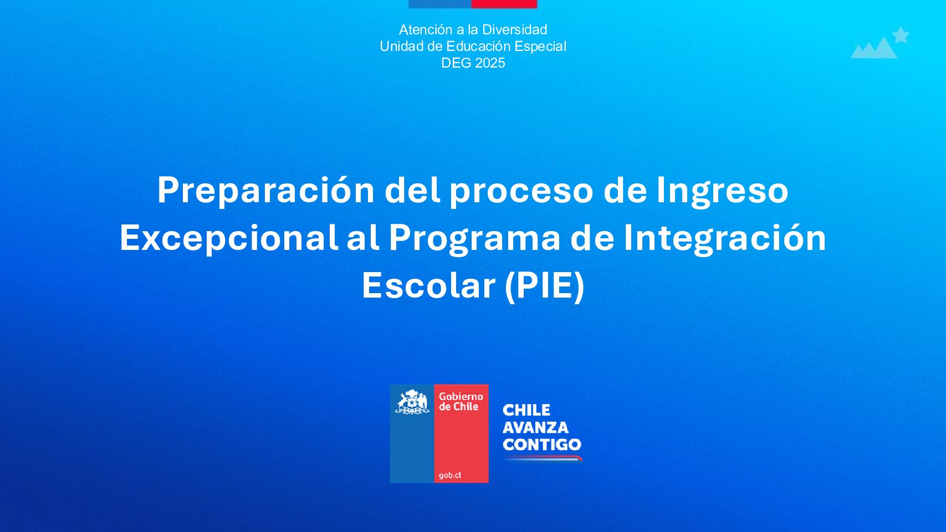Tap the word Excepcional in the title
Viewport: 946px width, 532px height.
tap(229, 238)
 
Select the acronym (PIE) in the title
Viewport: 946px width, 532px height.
tap(545, 287)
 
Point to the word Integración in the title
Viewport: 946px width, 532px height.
tap(725, 238)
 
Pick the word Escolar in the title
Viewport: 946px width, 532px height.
tap(428, 286)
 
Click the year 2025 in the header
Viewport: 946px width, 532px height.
tap(490, 63)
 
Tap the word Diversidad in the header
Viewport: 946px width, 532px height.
tap(514, 29)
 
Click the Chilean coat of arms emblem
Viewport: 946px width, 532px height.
tap(412, 402)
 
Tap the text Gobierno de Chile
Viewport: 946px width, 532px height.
tap(461, 402)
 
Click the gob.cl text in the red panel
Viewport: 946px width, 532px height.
tap(450, 475)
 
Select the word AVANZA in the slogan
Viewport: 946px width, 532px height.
tap(535, 428)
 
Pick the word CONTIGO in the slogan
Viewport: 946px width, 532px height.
tap(542, 444)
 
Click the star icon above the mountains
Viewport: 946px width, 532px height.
tap(901, 35)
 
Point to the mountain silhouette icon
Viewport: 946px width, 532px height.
tap(873, 49)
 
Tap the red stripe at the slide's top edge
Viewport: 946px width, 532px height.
tap(504, 4)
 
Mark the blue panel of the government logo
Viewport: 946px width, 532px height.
tap(412, 433)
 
